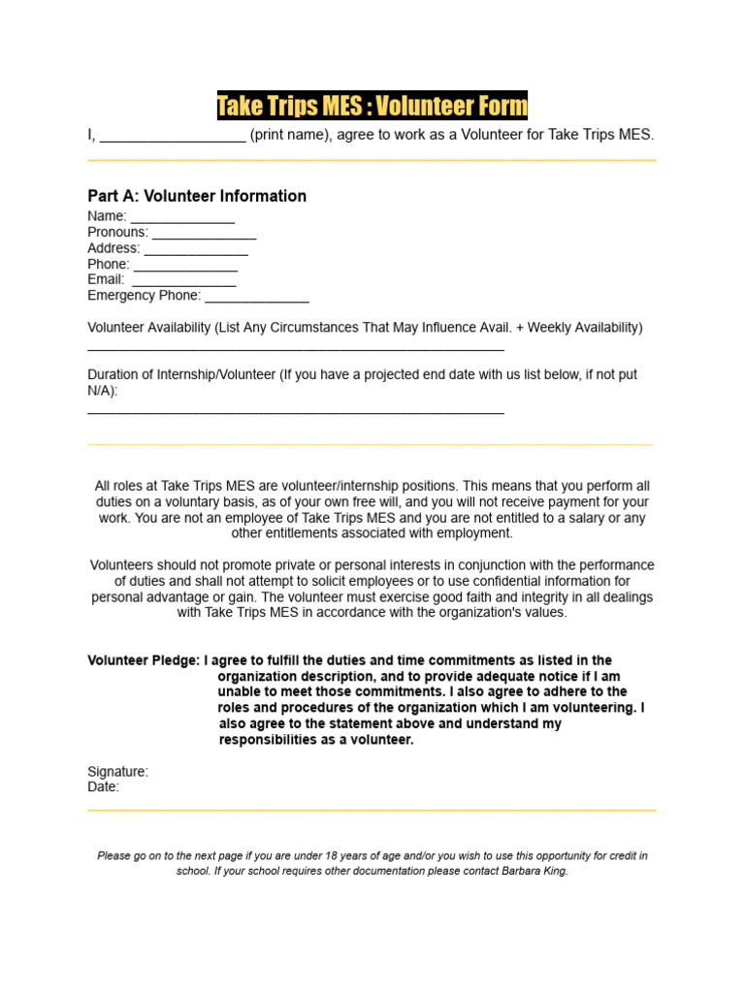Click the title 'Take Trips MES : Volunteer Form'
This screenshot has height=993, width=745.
tap(372, 106)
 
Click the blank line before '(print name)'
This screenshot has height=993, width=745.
tap(173, 137)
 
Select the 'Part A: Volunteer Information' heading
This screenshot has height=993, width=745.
tap(197, 196)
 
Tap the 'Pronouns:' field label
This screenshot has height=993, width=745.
tap(117, 233)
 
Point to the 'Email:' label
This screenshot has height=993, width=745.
tap(106, 279)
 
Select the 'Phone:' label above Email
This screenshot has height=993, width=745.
tap(108, 264)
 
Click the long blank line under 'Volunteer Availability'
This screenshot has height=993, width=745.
tap(296, 347)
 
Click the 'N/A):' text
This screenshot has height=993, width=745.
tap(103, 391)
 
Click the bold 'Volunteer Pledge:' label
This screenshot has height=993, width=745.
tap(144, 660)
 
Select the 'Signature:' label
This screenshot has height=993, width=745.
tap(117, 772)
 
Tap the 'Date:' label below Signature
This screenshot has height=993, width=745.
tap(104, 787)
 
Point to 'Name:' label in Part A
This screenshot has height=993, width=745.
tap(107, 216)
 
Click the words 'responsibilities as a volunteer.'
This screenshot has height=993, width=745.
tap(316, 740)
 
